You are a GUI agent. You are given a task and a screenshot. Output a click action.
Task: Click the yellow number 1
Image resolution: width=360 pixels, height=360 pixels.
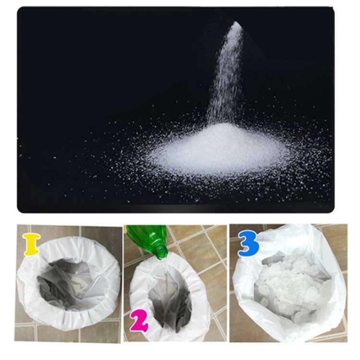(32, 244)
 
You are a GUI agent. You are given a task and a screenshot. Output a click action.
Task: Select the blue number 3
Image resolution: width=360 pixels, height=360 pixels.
(249, 243)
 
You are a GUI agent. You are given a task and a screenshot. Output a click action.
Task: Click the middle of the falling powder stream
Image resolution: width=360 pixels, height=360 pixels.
(226, 73)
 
